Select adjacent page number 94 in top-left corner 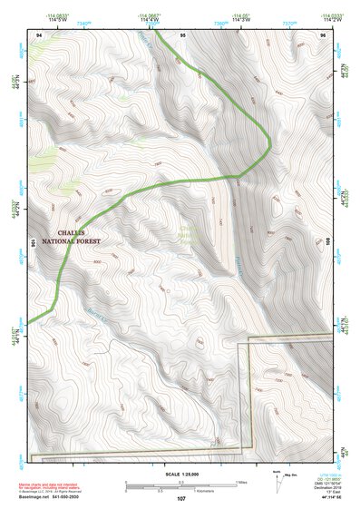(x=39, y=34)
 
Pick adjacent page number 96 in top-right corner (x=323, y=34)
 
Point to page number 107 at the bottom (x=181, y=498)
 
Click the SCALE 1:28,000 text (x=181, y=474)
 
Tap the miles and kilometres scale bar (x=181, y=485)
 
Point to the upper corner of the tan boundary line (x=239, y=345)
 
